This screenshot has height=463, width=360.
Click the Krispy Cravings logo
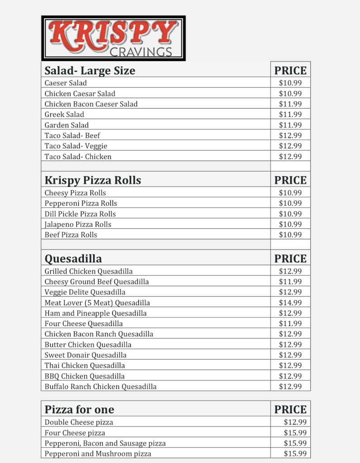pos(113,38)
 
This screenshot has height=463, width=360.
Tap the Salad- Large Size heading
pos(90,71)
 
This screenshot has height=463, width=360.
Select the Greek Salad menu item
pos(64,114)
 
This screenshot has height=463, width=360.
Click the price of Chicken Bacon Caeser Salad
pos(290,104)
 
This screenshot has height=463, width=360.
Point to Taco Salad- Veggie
pos(76,146)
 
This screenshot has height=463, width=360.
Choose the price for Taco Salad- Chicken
pos(290,156)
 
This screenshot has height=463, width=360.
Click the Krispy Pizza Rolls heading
pos(93,180)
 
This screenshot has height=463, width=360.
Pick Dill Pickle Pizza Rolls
pos(80,214)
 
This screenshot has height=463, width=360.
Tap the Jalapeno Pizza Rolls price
pos(290,224)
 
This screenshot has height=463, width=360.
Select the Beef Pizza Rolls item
pos(71,235)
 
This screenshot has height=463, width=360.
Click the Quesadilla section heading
pos(73,259)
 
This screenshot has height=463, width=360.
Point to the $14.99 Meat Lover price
pos(290,302)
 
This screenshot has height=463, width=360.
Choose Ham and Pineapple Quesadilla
pos(95,313)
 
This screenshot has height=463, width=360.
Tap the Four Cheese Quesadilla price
pos(290,323)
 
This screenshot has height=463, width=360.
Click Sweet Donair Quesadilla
pos(85,355)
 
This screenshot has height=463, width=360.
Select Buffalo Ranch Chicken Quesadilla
pos(100,387)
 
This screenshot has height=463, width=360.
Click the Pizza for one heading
pos(79,410)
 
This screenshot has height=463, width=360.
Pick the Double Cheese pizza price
pos(295,422)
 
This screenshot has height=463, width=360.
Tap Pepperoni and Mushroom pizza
pos(98,454)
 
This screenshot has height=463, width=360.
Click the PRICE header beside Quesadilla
pos(290,259)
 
